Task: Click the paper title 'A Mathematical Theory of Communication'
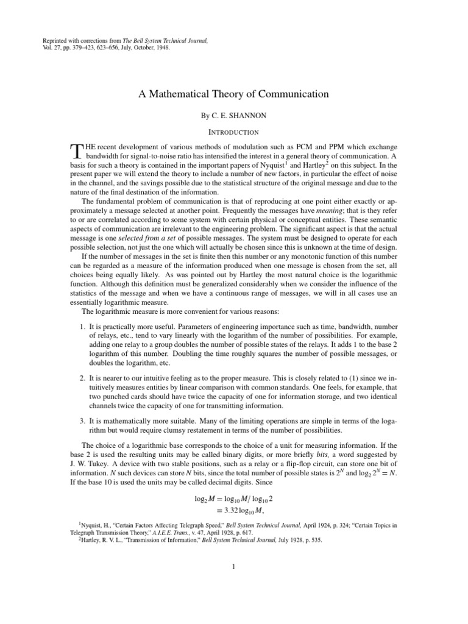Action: (234, 94)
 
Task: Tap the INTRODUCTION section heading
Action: (234, 132)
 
